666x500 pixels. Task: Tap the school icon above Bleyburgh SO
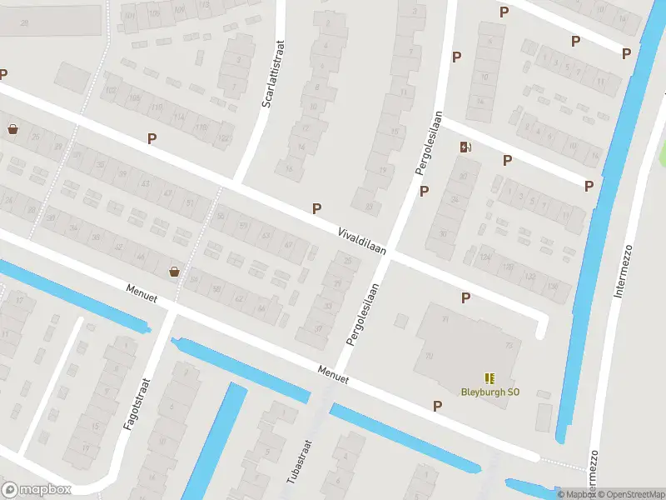tap(488, 377)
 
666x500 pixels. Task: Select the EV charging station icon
tap(465, 147)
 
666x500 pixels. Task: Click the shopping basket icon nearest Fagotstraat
tap(174, 271)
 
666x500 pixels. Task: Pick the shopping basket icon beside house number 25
tap(12, 129)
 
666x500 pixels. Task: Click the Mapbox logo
tap(37, 489)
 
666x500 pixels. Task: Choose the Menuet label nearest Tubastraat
tap(332, 374)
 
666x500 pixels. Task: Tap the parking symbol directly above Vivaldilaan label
tap(316, 208)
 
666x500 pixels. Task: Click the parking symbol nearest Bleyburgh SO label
tap(437, 406)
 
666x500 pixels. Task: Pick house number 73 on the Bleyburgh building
tap(509, 345)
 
